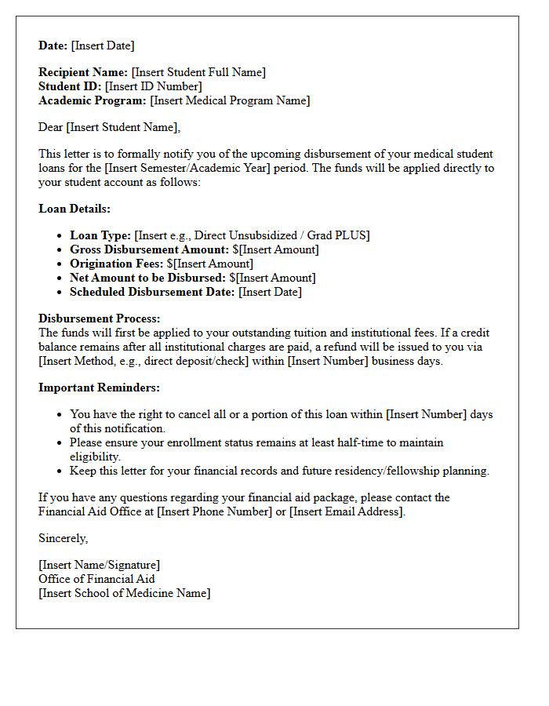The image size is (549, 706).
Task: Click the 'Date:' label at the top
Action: [x=53, y=45]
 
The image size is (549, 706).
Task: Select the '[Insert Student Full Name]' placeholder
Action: [x=198, y=72]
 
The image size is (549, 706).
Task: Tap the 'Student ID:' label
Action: [x=70, y=86]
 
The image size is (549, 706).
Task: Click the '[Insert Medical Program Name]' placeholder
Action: [x=230, y=100]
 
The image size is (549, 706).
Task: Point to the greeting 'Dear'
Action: [x=51, y=127]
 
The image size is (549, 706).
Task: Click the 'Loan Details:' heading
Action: [x=75, y=209]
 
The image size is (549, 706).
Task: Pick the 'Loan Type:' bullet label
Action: [x=100, y=235]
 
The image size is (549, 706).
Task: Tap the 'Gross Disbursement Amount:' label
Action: [x=150, y=249]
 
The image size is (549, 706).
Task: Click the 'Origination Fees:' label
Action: [x=117, y=264]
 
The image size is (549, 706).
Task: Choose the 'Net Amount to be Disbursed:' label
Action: [x=148, y=278]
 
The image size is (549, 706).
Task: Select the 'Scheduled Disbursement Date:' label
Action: [x=152, y=292]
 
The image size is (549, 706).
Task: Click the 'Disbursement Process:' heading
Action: [x=99, y=318]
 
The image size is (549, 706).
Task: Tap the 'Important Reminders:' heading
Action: [x=99, y=388]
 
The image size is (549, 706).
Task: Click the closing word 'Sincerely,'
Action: [x=64, y=538]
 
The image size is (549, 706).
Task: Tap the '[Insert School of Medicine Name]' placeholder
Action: [x=125, y=593]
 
